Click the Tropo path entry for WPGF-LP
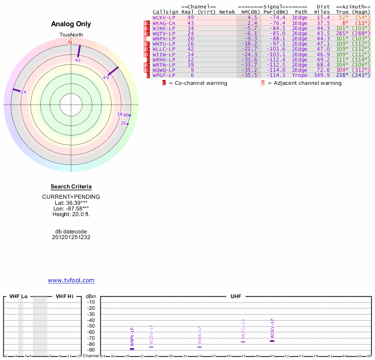(300, 75)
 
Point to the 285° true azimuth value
(341, 33)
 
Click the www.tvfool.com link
(71, 280)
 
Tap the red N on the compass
(70, 42)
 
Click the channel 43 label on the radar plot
(78, 60)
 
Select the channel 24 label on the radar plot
(23, 92)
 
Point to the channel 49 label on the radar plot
(106, 77)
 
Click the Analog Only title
(71, 24)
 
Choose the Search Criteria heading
(71, 187)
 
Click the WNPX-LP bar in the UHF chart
(132, 349)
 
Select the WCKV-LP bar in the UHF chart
(272, 341)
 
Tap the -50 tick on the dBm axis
(91, 326)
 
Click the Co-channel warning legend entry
(197, 83)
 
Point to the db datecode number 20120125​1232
(71, 237)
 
